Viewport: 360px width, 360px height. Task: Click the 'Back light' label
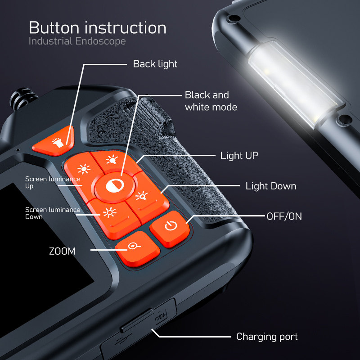pos(155,64)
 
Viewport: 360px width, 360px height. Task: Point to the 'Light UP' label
pos(239,156)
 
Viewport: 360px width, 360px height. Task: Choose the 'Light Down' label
pos(270,186)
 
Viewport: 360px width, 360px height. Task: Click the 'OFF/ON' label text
pos(284,216)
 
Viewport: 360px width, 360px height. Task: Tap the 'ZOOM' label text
pos(62,251)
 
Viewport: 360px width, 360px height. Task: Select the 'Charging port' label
pos(267,337)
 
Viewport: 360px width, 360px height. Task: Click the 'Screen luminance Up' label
pos(52,182)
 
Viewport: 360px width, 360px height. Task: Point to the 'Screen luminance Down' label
pos(52,213)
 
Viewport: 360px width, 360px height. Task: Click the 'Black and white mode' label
pos(211,101)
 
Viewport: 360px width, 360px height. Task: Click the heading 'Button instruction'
pos(97,28)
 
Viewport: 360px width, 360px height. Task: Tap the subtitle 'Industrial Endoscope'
pos(77,41)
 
